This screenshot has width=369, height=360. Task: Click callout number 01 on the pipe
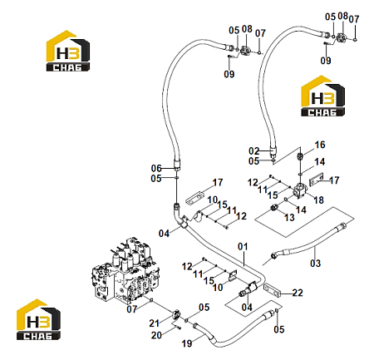pos(243,246)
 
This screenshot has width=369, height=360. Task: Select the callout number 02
pos(253,151)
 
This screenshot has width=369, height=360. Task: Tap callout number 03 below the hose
pos(315,263)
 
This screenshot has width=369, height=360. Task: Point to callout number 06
pos(156,168)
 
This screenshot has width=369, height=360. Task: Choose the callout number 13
pos(289,217)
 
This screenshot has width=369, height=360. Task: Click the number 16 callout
pos(320,145)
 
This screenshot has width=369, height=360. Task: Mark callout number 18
pos(318,200)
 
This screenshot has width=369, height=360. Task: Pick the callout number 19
pos(187,343)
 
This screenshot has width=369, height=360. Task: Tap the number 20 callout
pos(156,335)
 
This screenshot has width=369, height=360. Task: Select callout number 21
pos(155,323)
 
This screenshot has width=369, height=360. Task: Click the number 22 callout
pos(298,293)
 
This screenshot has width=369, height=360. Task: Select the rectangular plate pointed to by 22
pos(273,290)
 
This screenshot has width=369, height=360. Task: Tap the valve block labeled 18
pos(299,191)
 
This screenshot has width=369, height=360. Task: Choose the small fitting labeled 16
pos(300,156)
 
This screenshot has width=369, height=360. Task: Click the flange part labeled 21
pos(176,315)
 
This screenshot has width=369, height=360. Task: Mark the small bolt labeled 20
pos(177,328)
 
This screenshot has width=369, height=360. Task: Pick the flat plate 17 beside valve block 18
pos(316,180)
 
